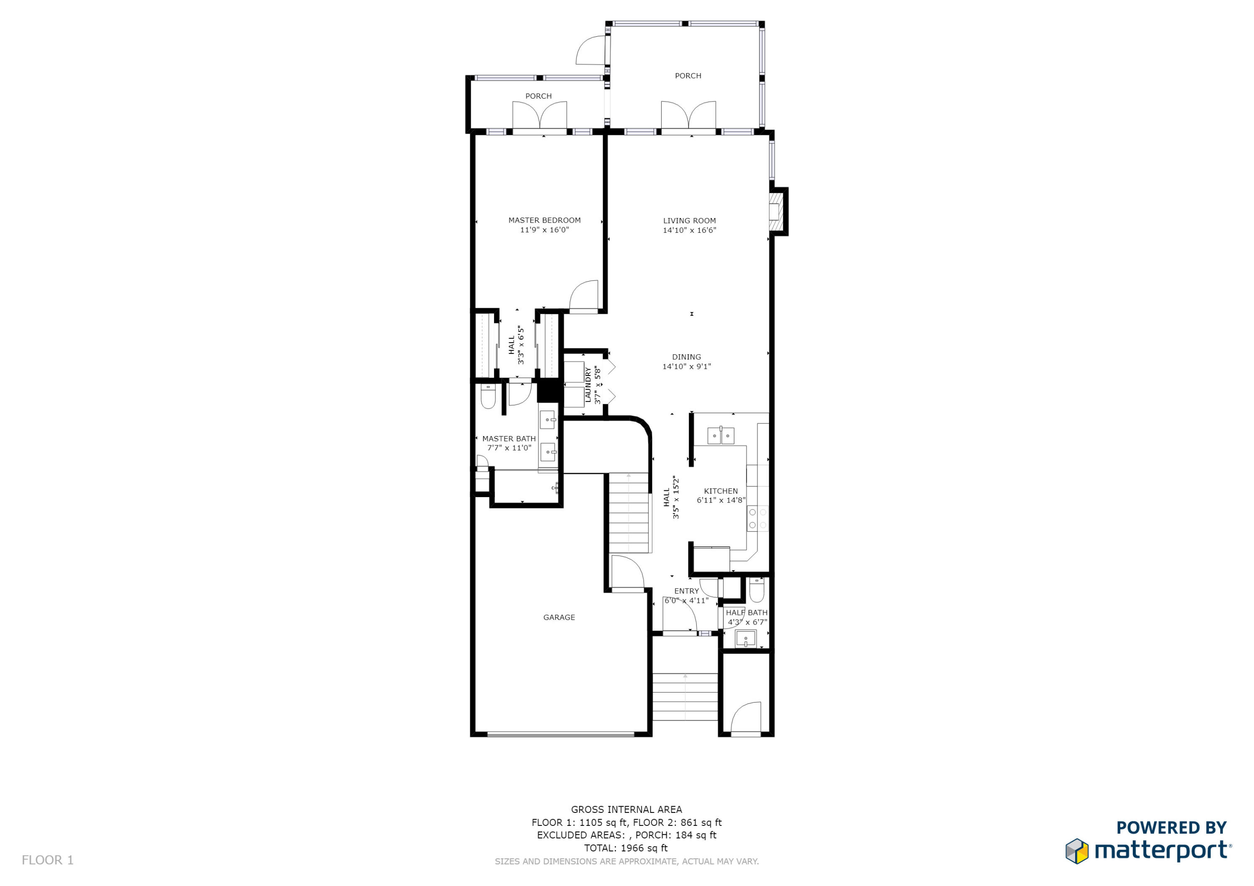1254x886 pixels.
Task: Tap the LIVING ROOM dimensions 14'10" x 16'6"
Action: (x=689, y=230)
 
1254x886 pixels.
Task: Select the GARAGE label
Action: (x=559, y=617)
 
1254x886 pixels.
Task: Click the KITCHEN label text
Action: (x=720, y=491)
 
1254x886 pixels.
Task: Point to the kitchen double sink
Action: (x=720, y=436)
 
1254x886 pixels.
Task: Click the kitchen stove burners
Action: (x=757, y=518)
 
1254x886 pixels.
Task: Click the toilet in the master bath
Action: (x=488, y=397)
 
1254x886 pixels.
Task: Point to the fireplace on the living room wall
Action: (x=775, y=212)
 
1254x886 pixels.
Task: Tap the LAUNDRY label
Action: (x=588, y=385)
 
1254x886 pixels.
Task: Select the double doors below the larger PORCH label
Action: (x=688, y=116)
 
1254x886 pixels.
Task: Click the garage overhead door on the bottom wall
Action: (x=561, y=735)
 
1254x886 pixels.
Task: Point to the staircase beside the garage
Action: (x=629, y=513)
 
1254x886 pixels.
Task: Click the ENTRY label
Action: (x=686, y=591)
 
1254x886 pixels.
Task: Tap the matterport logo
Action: (x=1148, y=850)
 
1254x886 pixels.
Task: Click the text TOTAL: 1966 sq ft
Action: (x=626, y=848)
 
